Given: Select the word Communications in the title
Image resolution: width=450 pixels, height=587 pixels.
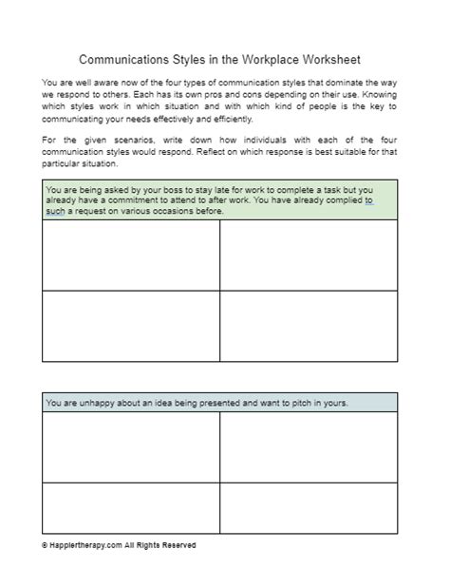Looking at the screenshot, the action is point(124,59).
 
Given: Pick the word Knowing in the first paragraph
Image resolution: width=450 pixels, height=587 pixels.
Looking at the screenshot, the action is point(377,96).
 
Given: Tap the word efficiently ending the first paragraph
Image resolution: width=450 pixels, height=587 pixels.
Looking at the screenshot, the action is point(225,119).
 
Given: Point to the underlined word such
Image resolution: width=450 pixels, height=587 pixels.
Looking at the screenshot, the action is point(55,211).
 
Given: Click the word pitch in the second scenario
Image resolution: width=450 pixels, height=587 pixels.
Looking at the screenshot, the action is point(300,403).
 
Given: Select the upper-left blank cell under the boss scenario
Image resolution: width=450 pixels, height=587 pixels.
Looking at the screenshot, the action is point(131,256).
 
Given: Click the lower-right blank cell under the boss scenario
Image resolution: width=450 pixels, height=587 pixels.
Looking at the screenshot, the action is point(309,326).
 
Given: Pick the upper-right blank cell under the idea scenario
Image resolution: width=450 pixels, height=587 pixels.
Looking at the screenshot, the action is point(309,447).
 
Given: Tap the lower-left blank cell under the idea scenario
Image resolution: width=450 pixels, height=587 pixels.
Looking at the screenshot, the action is point(131,508).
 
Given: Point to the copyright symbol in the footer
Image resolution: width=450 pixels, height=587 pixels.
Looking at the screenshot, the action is point(45,545).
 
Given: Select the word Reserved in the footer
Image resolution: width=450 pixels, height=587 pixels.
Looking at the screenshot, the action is point(178,545).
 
